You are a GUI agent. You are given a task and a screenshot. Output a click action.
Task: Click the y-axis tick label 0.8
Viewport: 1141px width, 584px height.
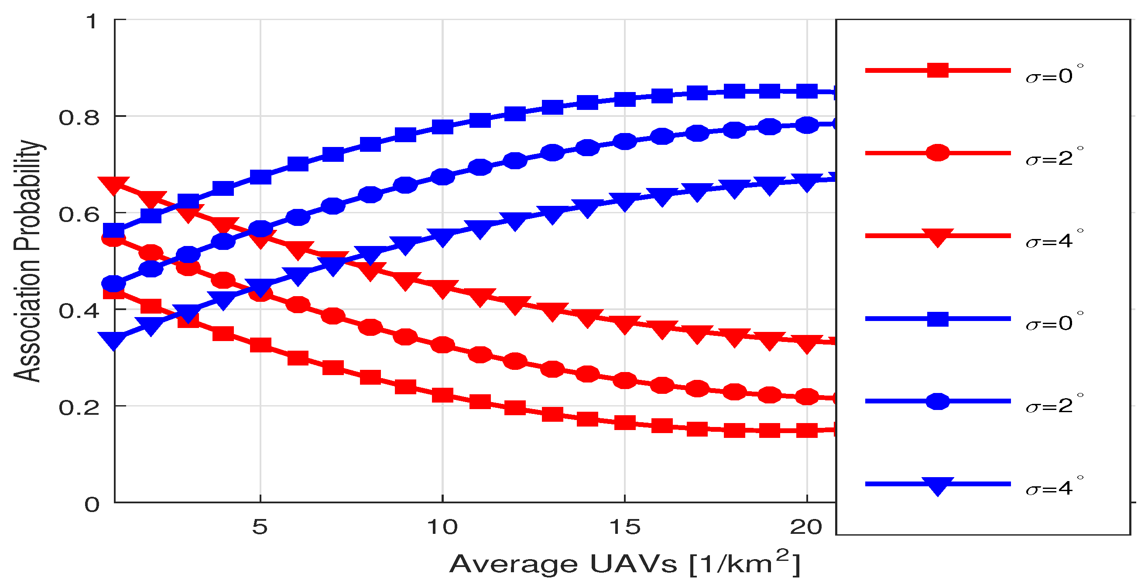[x=79, y=118]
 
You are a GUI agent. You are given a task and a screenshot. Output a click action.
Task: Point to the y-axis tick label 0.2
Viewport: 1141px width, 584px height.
[x=79, y=408]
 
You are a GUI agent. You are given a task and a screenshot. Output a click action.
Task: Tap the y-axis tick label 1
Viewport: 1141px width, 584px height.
[x=92, y=22]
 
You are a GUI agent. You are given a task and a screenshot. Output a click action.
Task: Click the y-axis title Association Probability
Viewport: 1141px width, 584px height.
[x=27, y=261]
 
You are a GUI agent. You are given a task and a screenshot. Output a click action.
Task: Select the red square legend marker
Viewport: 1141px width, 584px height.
[x=937, y=70]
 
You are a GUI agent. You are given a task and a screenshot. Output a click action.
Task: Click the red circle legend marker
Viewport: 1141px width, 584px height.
[x=937, y=153]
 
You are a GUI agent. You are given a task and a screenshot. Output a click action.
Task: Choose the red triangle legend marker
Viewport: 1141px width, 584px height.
[x=937, y=236]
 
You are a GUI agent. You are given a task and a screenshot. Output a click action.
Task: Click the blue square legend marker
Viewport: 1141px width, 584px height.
[x=937, y=319]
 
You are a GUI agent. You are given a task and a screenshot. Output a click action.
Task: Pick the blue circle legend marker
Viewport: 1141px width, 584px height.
[x=937, y=401]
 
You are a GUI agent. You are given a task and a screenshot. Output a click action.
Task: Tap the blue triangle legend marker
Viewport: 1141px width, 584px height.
[x=937, y=485]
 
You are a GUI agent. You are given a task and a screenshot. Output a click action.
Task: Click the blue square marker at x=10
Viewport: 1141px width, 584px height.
[x=442, y=127]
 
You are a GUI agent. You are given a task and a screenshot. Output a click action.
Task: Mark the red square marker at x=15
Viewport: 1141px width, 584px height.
[x=625, y=423]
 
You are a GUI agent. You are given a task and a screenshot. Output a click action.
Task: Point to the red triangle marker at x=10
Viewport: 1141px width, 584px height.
[x=442, y=289]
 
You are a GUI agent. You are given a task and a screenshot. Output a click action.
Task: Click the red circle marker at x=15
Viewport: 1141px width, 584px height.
[x=625, y=380]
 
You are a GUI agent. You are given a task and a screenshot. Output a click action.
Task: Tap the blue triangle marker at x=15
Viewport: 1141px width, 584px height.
[x=625, y=201]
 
